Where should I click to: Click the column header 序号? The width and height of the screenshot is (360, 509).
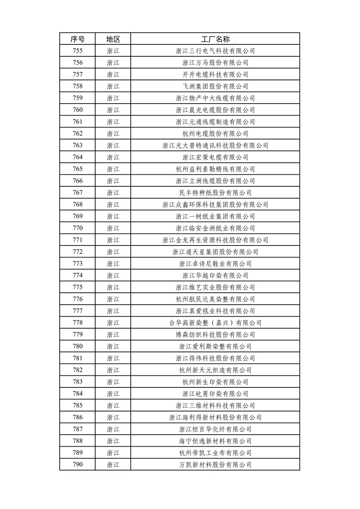pyautogui.click(x=78, y=39)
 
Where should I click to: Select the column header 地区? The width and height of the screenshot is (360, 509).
pyautogui.click(x=113, y=39)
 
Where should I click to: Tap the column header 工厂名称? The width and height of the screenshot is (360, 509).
pyautogui.click(x=215, y=39)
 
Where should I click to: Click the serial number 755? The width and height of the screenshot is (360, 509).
pyautogui.click(x=78, y=51)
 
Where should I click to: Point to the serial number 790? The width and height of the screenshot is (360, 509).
pyautogui.click(x=78, y=465)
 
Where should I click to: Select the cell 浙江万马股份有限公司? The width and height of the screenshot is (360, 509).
pyautogui.click(x=215, y=63)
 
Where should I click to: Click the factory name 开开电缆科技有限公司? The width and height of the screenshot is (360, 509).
pyautogui.click(x=215, y=74)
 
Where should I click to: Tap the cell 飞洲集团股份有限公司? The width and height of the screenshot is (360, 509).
pyautogui.click(x=215, y=86)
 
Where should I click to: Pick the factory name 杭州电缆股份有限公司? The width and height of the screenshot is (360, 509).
pyautogui.click(x=215, y=134)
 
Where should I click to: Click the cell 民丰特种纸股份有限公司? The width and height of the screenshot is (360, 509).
pyautogui.click(x=215, y=193)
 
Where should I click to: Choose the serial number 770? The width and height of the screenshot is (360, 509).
pyautogui.click(x=78, y=228)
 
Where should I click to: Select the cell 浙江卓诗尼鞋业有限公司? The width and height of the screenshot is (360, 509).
pyautogui.click(x=215, y=264)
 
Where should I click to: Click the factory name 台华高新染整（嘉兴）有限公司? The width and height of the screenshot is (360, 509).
pyautogui.click(x=215, y=323)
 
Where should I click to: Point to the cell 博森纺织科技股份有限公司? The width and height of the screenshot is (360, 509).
pyautogui.click(x=215, y=335)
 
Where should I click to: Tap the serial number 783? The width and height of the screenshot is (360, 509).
pyautogui.click(x=78, y=382)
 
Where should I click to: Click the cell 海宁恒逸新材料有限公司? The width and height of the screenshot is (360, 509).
pyautogui.click(x=215, y=441)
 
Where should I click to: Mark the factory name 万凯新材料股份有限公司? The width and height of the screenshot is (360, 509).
pyautogui.click(x=215, y=465)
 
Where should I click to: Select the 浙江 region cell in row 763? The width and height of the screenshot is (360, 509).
pyautogui.click(x=113, y=146)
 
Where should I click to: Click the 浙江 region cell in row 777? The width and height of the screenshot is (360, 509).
pyautogui.click(x=113, y=311)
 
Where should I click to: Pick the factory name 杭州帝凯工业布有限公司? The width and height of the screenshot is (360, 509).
pyautogui.click(x=215, y=453)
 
